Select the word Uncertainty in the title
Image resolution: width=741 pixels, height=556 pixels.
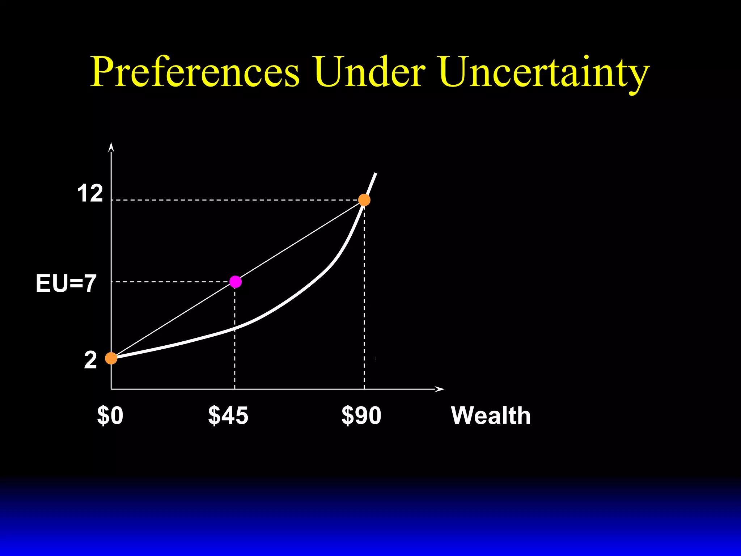(545, 72)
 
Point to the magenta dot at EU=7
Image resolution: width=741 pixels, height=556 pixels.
(236, 282)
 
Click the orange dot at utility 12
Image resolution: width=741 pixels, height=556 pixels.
(364, 200)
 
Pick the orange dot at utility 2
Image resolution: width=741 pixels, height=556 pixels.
(111, 358)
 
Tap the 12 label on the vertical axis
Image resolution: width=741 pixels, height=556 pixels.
(90, 194)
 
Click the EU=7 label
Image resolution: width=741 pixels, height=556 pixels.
(66, 283)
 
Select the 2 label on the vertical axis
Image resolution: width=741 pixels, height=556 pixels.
(90, 361)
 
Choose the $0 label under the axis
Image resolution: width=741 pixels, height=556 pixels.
(110, 416)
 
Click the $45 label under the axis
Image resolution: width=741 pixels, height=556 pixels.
(228, 416)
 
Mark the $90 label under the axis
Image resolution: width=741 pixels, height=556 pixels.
(361, 416)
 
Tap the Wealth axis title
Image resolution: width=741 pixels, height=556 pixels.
(491, 416)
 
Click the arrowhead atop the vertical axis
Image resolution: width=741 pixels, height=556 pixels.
(111, 147)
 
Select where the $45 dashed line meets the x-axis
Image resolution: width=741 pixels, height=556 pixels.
(235, 389)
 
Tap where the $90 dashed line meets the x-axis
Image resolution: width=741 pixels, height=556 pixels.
(364, 389)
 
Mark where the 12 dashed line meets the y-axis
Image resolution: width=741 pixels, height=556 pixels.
(111, 200)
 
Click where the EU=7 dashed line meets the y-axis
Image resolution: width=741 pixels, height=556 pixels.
(111, 282)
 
